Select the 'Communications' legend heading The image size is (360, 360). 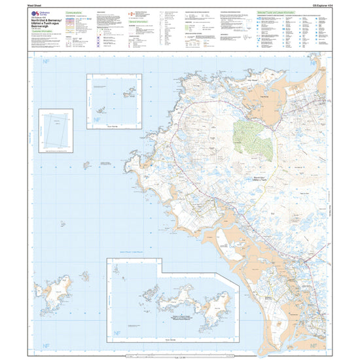[x=76, y=11]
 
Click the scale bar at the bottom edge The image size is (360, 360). [x=180, y=355]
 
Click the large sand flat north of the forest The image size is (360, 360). [x=257, y=98]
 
